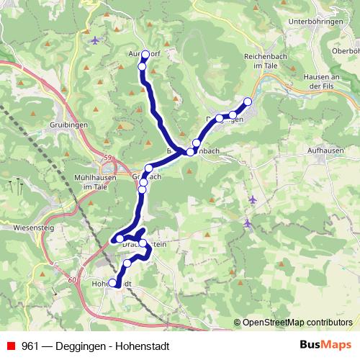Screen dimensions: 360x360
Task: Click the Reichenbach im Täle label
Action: tap(266, 60)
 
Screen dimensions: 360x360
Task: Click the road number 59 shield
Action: tap(109, 158)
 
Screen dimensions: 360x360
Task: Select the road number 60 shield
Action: tap(72, 278)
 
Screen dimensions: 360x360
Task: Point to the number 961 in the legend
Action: tap(30, 346)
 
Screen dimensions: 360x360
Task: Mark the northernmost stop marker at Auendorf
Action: tap(145, 55)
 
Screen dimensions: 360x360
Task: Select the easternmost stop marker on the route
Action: tap(248, 102)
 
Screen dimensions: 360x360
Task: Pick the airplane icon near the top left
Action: tap(96, 39)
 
